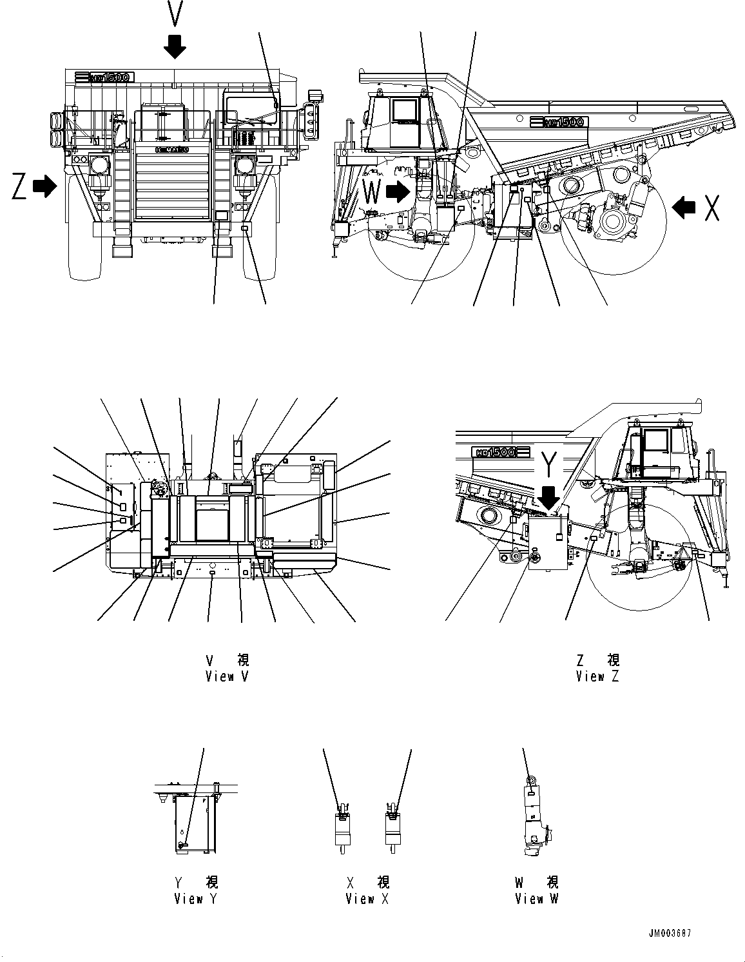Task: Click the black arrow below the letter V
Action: tap(175, 46)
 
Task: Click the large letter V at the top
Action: tap(175, 13)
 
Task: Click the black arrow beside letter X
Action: tap(684, 207)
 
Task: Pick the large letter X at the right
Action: tap(711, 207)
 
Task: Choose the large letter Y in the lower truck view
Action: tap(549, 464)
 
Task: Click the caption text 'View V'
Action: tap(227, 676)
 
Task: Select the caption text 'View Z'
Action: tap(597, 676)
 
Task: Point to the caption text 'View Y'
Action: tap(195, 899)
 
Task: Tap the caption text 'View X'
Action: tap(367, 899)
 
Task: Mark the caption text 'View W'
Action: tap(536, 899)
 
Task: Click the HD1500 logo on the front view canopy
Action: tap(103, 77)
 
